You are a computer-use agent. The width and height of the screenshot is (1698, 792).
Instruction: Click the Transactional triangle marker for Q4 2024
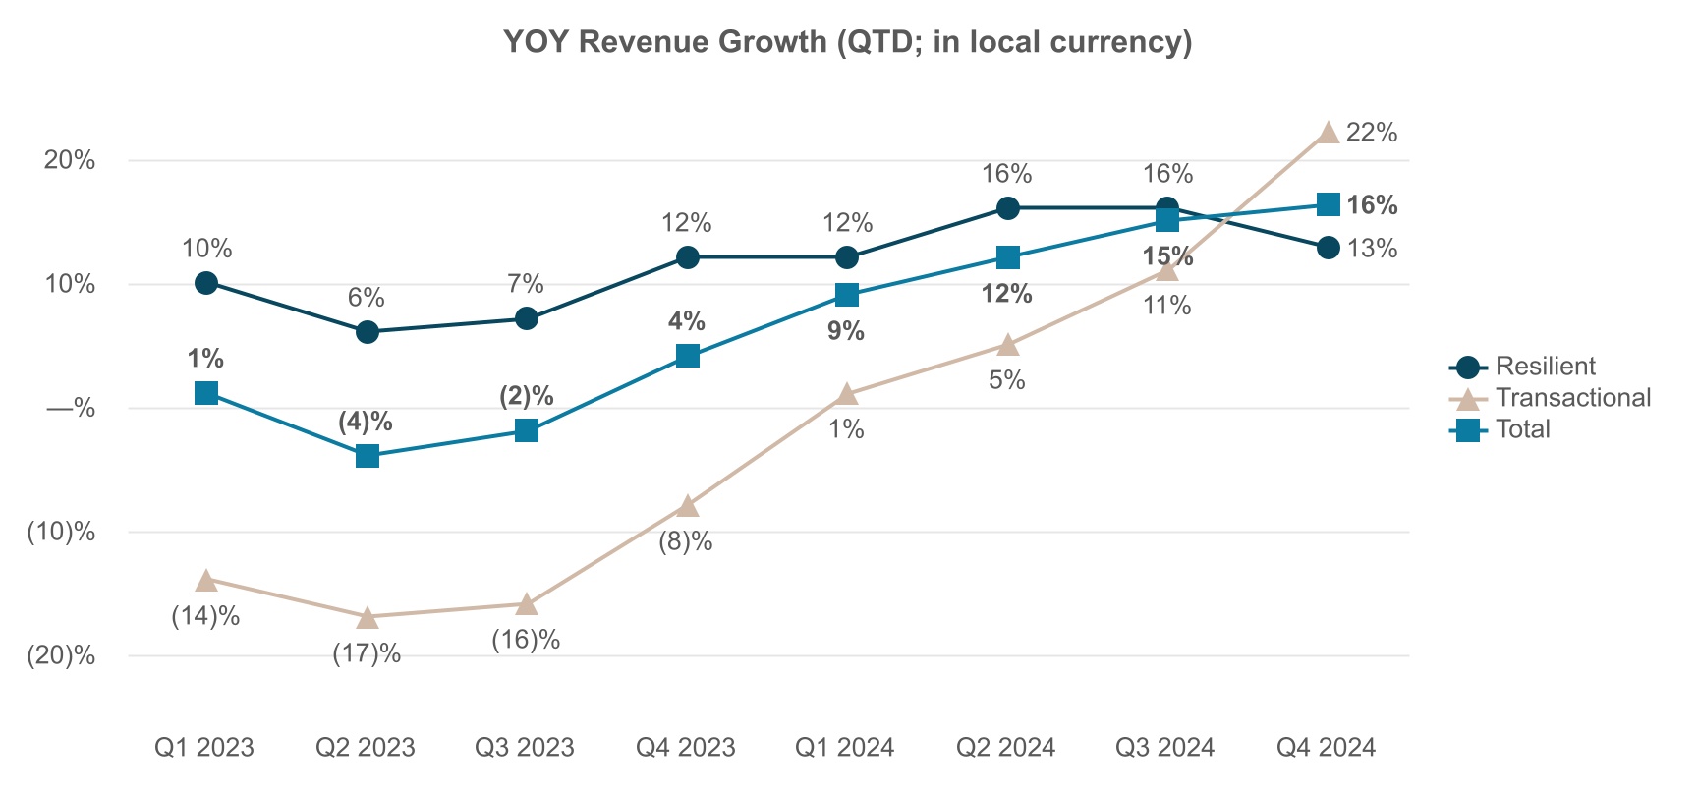pyautogui.click(x=1328, y=133)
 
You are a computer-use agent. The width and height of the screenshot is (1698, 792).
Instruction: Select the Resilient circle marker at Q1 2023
pyautogui.click(x=206, y=283)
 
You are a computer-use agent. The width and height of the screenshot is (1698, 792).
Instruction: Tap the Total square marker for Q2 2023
pyautogui.click(x=368, y=456)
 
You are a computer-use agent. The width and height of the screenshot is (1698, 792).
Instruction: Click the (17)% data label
pyautogui.click(x=367, y=654)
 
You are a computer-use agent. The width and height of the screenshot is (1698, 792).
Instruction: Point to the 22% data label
pyautogui.click(x=1372, y=133)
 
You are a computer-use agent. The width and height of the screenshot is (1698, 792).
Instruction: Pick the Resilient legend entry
pyautogui.click(x=1545, y=367)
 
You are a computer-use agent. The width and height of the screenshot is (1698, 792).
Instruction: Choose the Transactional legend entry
pyautogui.click(x=1572, y=398)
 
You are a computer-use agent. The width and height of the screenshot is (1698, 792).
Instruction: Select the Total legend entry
pyautogui.click(x=1522, y=429)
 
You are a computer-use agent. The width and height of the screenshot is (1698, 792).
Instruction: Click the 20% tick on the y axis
pyautogui.click(x=70, y=160)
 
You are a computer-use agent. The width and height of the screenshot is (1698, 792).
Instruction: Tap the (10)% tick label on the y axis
pyautogui.click(x=62, y=533)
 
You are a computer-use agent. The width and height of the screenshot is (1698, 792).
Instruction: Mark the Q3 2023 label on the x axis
pyautogui.click(x=525, y=748)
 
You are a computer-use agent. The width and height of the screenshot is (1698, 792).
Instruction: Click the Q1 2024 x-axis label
pyautogui.click(x=845, y=748)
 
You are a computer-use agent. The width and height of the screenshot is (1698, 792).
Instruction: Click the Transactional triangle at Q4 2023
pyautogui.click(x=688, y=506)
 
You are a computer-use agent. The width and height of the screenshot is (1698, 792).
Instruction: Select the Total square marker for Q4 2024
pyautogui.click(x=1328, y=204)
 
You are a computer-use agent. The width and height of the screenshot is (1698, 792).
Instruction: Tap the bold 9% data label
pyautogui.click(x=846, y=331)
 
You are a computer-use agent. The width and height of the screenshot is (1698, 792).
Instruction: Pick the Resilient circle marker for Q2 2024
pyautogui.click(x=1007, y=208)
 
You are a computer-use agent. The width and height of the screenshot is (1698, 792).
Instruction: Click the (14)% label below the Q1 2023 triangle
pyautogui.click(x=206, y=617)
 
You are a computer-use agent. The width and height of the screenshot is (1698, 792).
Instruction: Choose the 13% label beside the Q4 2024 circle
pyautogui.click(x=1372, y=249)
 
